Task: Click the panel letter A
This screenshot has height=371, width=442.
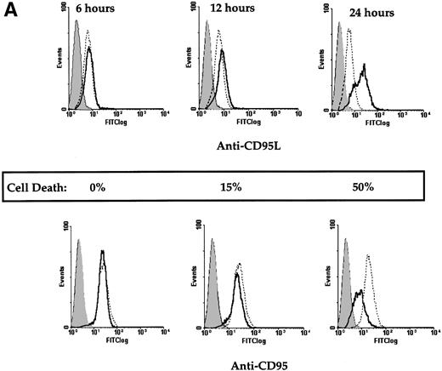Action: click(11, 11)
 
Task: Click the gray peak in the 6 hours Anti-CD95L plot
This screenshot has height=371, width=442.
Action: click(76, 51)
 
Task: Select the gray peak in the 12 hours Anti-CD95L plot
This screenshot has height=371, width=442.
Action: click(208, 51)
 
